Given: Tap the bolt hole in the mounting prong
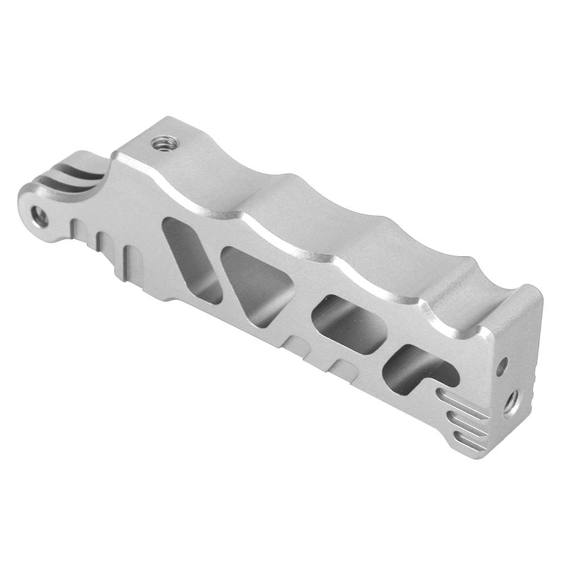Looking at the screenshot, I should [39, 216].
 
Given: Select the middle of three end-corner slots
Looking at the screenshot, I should [469, 421].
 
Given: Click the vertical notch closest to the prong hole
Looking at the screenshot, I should [78, 230].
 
